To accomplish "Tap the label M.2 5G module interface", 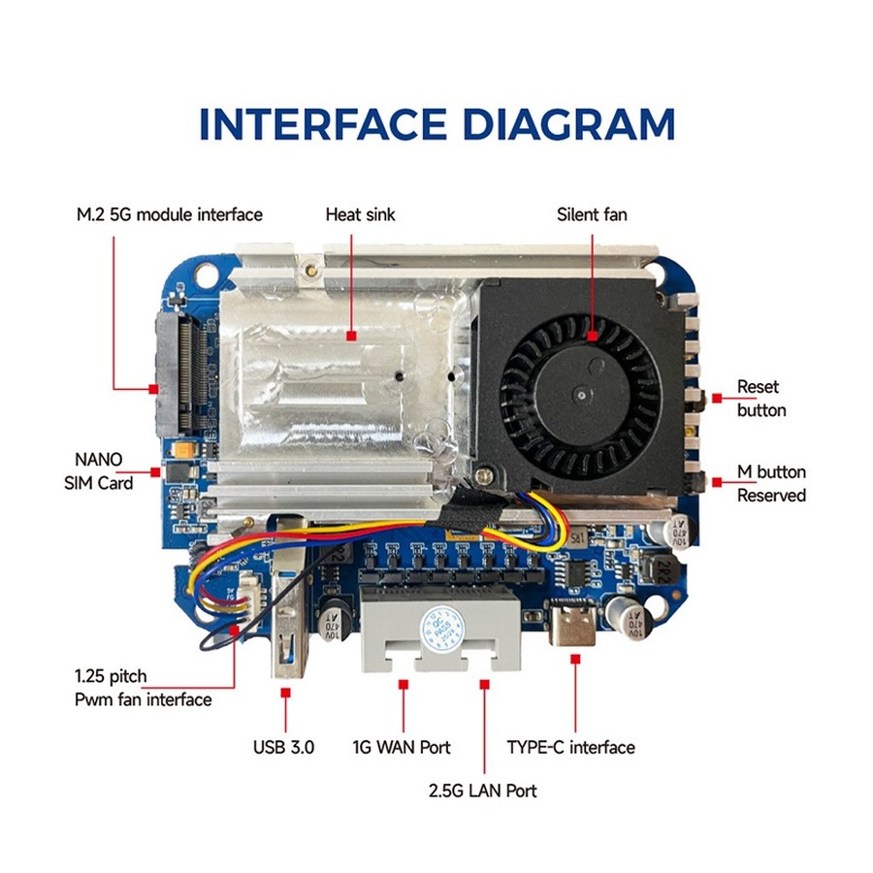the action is tap(169, 214).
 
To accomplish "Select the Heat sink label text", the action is tap(360, 214).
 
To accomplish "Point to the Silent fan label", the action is tap(592, 214).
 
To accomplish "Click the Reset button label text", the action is tap(761, 398).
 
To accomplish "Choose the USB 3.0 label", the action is tap(283, 747).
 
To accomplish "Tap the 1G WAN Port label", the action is tap(402, 747).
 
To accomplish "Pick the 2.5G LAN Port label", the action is tap(483, 791).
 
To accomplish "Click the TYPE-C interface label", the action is tap(570, 747).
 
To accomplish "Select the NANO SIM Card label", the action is tap(99, 471).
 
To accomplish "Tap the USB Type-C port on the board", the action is tap(571, 622).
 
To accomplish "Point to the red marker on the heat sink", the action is tap(351, 336).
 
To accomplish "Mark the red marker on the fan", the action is tap(593, 336).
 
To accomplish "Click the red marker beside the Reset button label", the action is tap(717, 398).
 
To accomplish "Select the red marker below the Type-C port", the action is tap(575, 659).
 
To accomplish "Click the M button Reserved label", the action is tap(771, 483).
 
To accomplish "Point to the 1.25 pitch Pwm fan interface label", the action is tap(144, 688).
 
